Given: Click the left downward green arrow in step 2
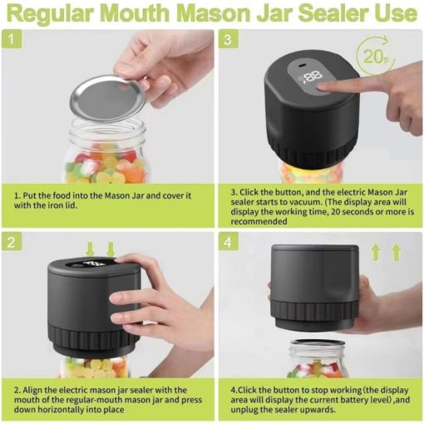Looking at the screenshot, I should click(x=89, y=249).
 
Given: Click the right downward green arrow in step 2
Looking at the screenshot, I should click(x=111, y=249).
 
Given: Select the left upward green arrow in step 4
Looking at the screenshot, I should click(x=376, y=252).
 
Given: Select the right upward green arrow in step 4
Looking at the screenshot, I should click(x=397, y=252).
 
